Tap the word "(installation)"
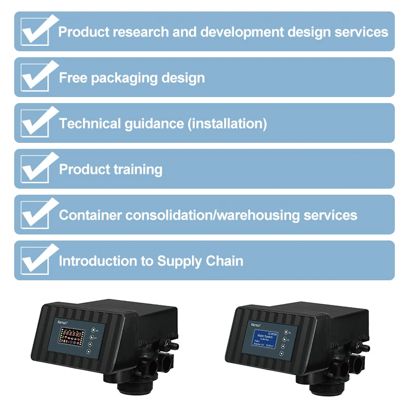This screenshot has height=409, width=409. [x=227, y=124]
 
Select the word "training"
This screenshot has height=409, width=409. [x=137, y=170]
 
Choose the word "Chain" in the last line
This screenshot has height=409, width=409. [x=224, y=261]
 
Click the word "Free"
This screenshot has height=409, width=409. [x=73, y=78]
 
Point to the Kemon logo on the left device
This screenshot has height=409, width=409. [x=63, y=323]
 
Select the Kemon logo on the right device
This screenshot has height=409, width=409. [x=257, y=323]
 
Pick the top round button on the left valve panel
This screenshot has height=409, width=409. [x=94, y=329]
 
